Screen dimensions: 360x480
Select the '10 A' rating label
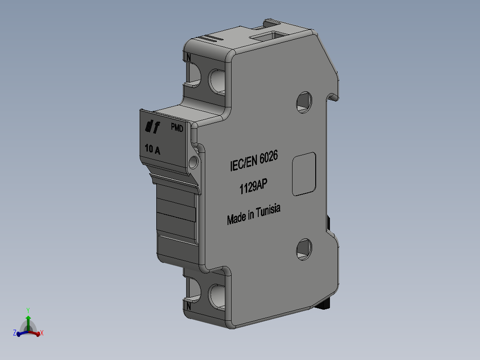click(153, 149)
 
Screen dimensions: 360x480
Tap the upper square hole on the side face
click(304, 102)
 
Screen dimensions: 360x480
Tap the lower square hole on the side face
click(304, 249)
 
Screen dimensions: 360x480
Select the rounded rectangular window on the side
click(304, 174)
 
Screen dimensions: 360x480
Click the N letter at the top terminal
click(189, 57)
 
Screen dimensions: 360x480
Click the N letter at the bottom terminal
click(189, 307)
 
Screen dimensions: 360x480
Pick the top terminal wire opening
click(217, 80)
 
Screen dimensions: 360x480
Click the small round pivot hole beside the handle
click(194, 162)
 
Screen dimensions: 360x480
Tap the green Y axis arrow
click(28, 318)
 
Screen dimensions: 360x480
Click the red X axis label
click(41, 333)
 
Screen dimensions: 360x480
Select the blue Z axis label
click(15, 333)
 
